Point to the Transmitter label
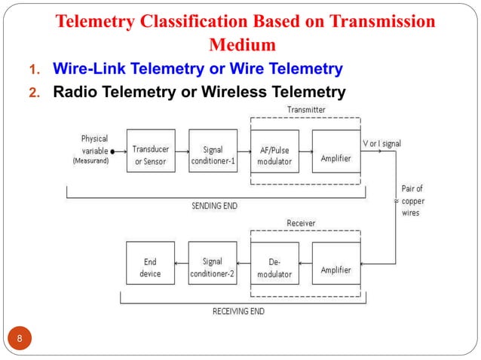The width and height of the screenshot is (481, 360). tap(306, 111)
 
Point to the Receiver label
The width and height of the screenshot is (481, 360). tap(301, 223)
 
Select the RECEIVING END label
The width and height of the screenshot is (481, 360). tap(237, 310)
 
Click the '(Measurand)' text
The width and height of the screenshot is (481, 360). tap(90, 160)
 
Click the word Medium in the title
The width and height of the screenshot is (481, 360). tap(245, 43)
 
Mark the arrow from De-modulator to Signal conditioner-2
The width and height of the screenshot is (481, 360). tap(244, 264)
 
